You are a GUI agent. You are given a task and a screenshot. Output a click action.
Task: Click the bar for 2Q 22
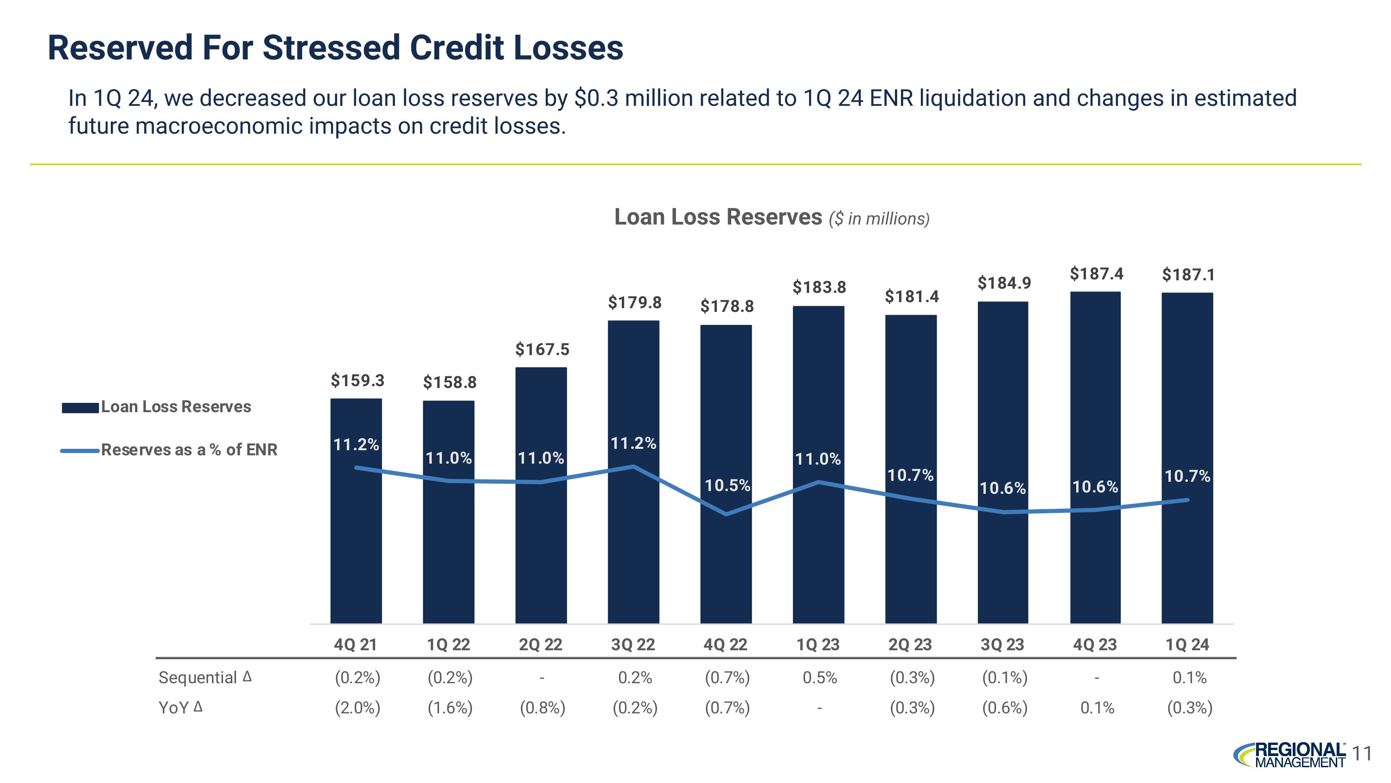[541, 540]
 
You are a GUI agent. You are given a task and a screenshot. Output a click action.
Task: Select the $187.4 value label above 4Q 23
[1096, 274]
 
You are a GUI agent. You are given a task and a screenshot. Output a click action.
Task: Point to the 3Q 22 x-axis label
[633, 645]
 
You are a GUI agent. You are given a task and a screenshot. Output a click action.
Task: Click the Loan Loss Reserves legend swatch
[80, 408]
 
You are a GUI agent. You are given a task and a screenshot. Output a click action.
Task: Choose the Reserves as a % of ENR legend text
[189, 450]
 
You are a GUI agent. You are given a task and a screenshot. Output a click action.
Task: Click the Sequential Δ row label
[204, 677]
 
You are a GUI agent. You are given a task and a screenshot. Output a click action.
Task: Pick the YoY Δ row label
[180, 707]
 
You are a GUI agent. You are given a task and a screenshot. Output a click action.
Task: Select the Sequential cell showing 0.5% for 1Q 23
[819, 678]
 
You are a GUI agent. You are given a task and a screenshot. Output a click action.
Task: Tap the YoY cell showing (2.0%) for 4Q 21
[357, 708]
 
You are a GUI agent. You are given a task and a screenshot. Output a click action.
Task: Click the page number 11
[1363, 753]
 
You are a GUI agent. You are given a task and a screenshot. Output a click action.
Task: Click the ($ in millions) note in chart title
[879, 219]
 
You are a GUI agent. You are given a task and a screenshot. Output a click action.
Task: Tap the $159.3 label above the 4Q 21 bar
[357, 381]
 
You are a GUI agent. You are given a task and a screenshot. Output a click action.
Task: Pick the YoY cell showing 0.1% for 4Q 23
[1097, 708]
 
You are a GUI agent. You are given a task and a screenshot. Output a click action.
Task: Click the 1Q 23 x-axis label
[818, 645]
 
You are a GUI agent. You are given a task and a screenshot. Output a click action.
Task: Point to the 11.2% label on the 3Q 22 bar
[633, 444]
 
